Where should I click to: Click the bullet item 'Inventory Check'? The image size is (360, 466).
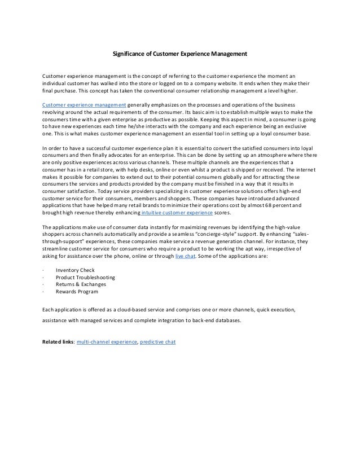click(x=75, y=270)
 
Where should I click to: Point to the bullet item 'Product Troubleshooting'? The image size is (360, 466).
click(x=85, y=278)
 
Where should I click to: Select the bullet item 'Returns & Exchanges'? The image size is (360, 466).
click(x=81, y=285)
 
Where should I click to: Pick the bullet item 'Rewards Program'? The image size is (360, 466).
click(x=76, y=292)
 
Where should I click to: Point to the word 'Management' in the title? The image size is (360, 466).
click(x=229, y=55)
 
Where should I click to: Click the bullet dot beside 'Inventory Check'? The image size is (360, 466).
click(x=44, y=270)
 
